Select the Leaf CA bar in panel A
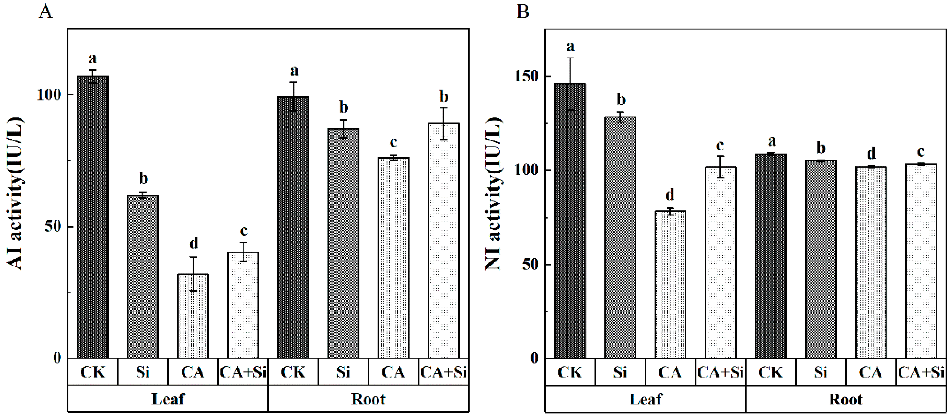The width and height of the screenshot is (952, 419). pos(193,316)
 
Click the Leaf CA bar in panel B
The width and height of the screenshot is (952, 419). pos(670,285)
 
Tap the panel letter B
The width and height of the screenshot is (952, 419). pos(523,12)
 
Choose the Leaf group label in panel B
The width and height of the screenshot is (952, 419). pos(645,399)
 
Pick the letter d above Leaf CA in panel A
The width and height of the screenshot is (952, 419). pos(194,243)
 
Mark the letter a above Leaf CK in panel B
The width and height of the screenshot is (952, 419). pos(570,46)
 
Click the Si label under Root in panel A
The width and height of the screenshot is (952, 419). pos(343,372)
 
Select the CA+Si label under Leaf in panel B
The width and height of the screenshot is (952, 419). pos(720,372)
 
